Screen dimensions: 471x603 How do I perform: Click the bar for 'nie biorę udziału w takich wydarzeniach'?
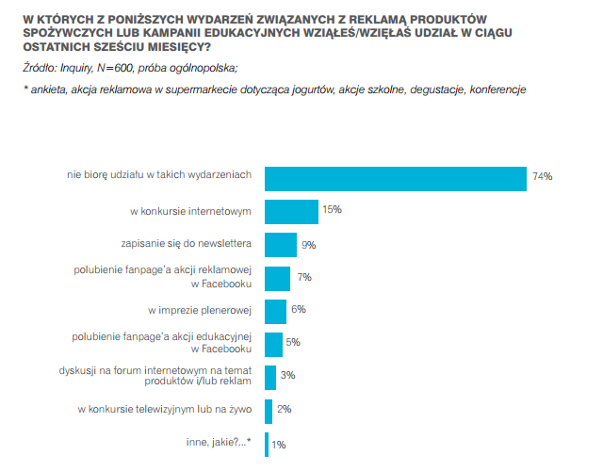395,178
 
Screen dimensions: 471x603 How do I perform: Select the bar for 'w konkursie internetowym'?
291,211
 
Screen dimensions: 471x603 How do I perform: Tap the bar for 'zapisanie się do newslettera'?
281,245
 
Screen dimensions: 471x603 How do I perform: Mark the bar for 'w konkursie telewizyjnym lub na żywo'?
269,411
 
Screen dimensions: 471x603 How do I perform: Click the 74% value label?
542,176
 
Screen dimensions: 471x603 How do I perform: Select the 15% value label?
332,209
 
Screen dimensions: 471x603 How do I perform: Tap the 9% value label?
308,245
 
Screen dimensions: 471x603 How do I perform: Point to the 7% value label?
303,277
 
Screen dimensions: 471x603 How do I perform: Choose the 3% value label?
288,375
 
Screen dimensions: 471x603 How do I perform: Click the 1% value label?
279,444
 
